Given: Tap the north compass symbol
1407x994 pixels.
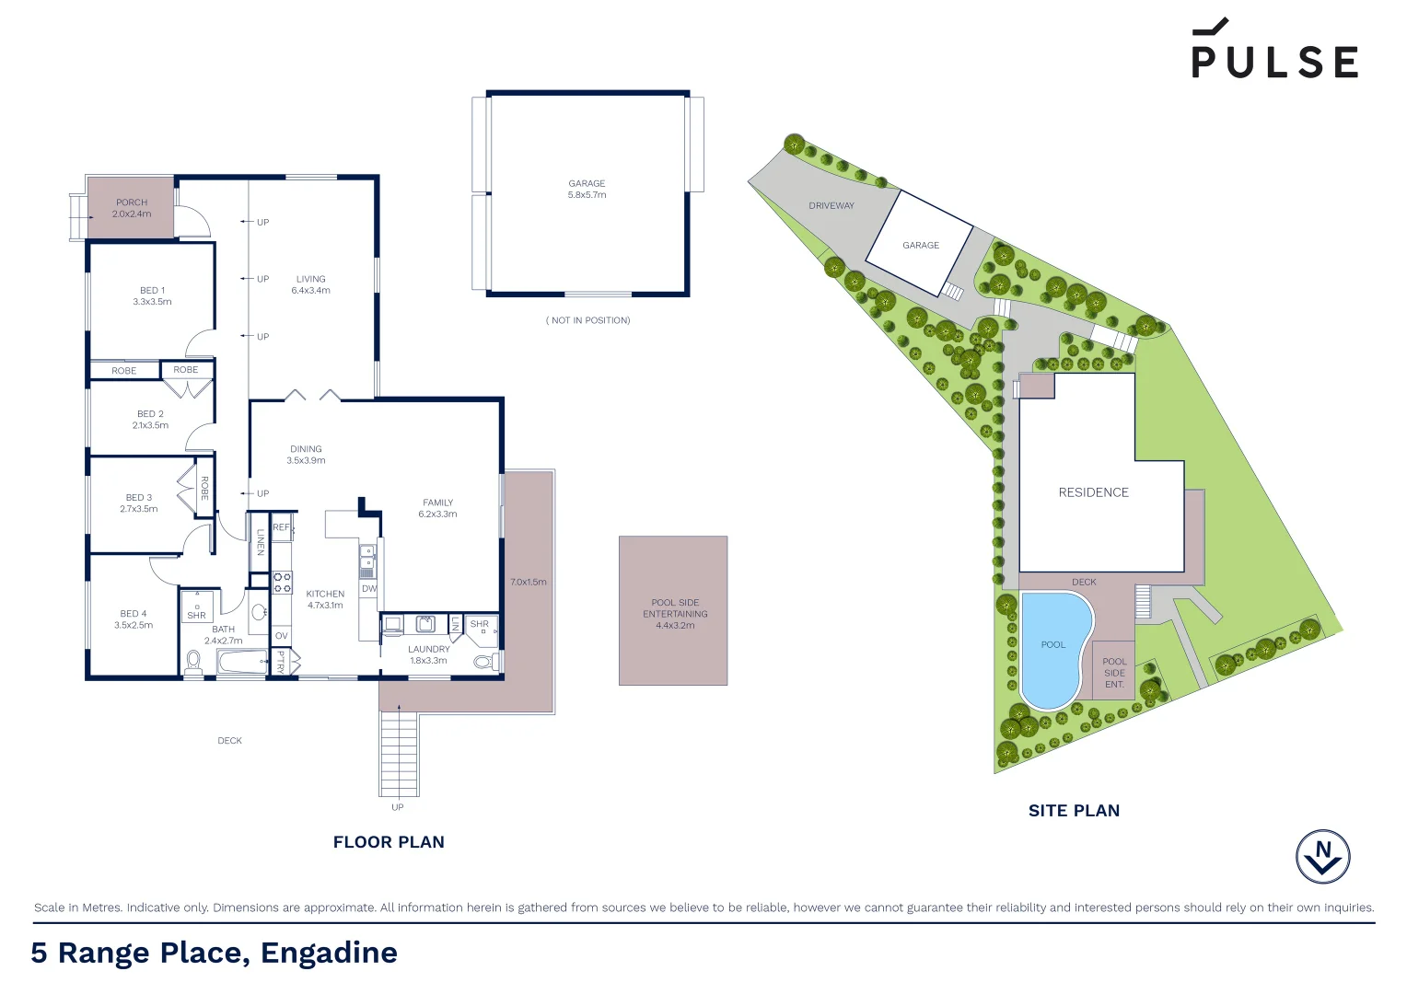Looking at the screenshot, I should pyautogui.click(x=1323, y=856).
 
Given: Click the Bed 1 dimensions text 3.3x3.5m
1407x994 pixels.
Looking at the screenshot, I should pyautogui.click(x=152, y=302).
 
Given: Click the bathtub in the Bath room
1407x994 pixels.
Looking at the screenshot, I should pyautogui.click(x=241, y=662).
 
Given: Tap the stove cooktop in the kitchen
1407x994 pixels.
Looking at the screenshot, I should pyautogui.click(x=282, y=582).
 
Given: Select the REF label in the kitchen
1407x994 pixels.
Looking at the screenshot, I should pyautogui.click(x=281, y=527).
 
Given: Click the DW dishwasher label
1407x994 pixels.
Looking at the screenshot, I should pyautogui.click(x=368, y=589).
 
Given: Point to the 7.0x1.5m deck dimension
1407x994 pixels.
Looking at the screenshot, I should pyautogui.click(x=529, y=582).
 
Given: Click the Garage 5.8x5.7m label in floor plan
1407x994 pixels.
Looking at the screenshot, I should pyautogui.click(x=587, y=189).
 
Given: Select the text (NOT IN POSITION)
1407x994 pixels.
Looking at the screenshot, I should pyautogui.click(x=587, y=320).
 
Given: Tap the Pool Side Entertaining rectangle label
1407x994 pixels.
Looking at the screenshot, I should pyautogui.click(x=675, y=613).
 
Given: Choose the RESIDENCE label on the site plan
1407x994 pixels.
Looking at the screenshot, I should pyautogui.click(x=1093, y=492).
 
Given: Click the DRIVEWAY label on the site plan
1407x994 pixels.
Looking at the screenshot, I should pyautogui.click(x=831, y=206).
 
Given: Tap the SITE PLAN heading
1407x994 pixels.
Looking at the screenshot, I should pyautogui.click(x=1074, y=811).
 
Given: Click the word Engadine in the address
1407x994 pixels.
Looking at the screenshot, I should pyautogui.click(x=329, y=953).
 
